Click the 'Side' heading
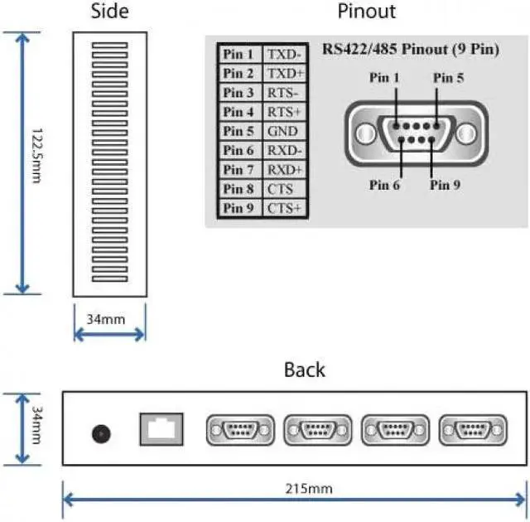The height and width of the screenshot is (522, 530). coord(108,12)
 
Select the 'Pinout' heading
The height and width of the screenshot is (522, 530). coord(366,12)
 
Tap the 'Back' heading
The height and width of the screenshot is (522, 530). coord(304,370)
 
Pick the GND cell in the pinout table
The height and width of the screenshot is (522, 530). coord(282,131)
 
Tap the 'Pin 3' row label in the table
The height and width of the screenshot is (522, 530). coord(238,93)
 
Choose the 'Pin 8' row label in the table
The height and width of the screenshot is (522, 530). coord(238,189)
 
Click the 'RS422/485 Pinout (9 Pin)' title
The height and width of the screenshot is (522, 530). coord(409,50)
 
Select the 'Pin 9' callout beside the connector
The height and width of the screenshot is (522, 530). coord(445,185)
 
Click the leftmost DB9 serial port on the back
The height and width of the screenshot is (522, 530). coord(239,431)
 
